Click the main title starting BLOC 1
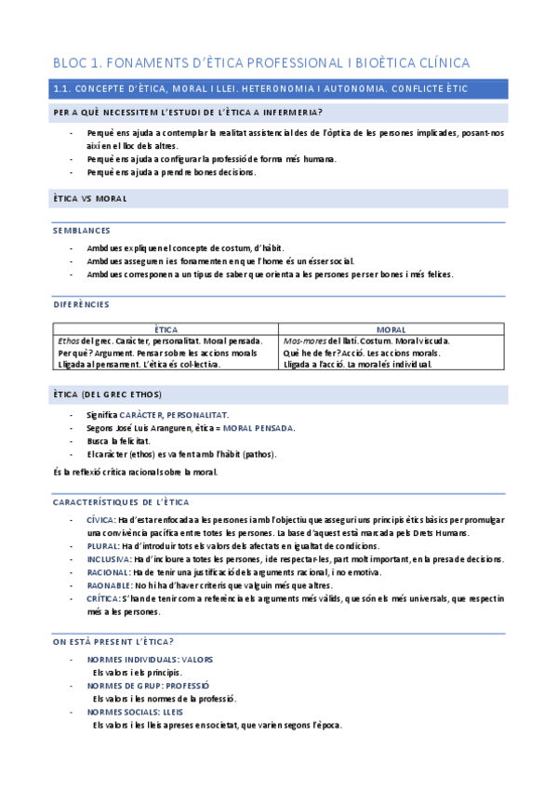tap(261, 63)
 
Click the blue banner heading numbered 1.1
tap(259, 88)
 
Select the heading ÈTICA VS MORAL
tap(89, 199)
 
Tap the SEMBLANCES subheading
tap(82, 230)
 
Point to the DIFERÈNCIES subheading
tap(82, 304)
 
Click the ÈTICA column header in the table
tap(166, 329)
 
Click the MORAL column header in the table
tap(391, 329)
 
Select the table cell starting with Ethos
tap(166, 353)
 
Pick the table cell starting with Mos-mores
tap(391, 353)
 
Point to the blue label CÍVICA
tap(100, 519)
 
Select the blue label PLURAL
tap(101, 546)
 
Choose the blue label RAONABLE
tap(108, 586)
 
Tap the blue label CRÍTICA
tap(102, 599)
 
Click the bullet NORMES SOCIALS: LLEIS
tap(135, 712)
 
